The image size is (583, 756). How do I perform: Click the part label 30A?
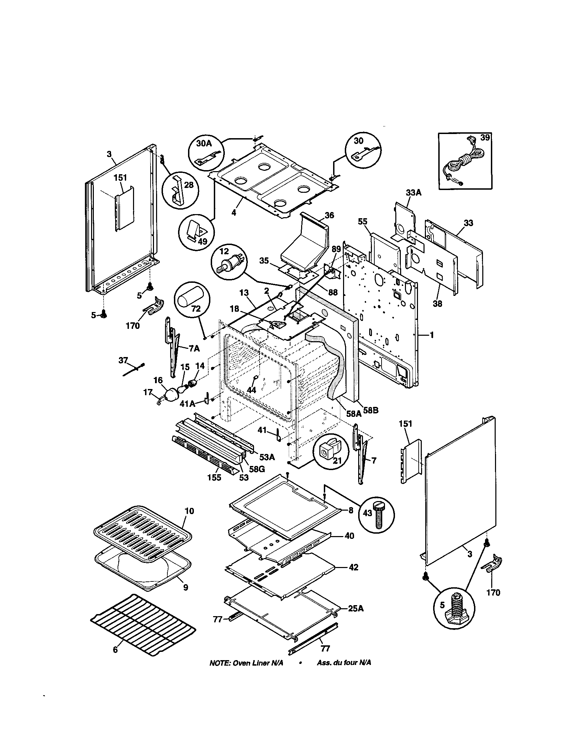click(x=203, y=143)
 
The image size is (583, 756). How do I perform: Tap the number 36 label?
click(x=329, y=215)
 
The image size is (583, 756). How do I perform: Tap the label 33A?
click(x=414, y=193)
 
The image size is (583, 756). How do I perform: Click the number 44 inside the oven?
click(x=251, y=389)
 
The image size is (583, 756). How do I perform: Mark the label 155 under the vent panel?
click(x=214, y=478)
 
